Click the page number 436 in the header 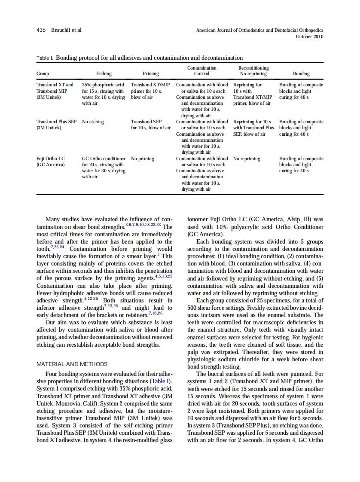pos(41,30)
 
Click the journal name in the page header pos(259,30)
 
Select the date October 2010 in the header pos(310,37)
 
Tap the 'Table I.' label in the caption pos(45,58)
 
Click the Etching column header pos(104,74)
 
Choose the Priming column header pos(150,74)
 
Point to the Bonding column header pos(301,74)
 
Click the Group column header pos(43,74)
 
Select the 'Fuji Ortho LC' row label pos(51,159)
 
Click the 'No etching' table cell pos(93,122)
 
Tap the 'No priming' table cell pos(143,159)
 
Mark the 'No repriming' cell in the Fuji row pos(247,159)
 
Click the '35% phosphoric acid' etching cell pos(103,85)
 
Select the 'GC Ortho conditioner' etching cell pos(104,159)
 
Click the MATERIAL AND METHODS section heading pos(72,364)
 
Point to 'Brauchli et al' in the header pos(66,30)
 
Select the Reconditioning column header pos(253,68)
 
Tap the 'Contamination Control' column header pos(202,71)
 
